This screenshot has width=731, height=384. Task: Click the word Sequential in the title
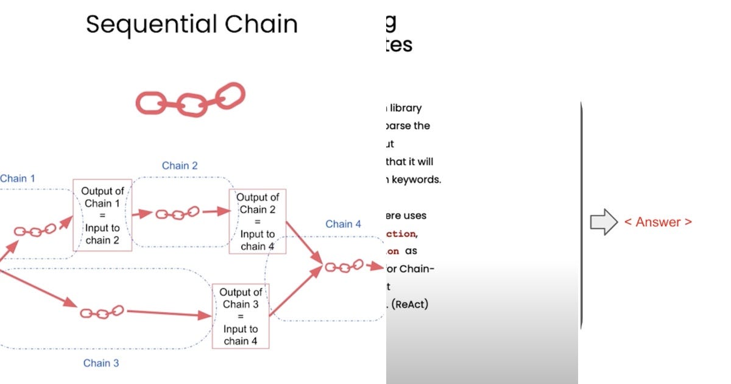point(152,24)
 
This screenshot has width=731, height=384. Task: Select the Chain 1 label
point(18,179)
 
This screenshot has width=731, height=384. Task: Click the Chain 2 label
point(180,166)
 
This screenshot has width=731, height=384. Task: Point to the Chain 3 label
point(101,363)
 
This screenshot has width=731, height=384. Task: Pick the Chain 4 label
point(343,224)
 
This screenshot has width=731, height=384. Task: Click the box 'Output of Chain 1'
point(102,215)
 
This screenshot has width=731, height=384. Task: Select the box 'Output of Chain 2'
point(258,221)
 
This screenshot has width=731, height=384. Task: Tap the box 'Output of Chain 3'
point(241,316)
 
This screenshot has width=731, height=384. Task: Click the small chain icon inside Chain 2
point(177,213)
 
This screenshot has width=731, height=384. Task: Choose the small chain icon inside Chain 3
point(102,312)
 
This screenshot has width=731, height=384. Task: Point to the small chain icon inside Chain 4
point(344,266)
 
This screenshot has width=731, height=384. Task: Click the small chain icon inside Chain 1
point(35,230)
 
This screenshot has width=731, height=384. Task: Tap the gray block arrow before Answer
point(604,222)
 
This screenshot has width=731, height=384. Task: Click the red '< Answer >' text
point(658,222)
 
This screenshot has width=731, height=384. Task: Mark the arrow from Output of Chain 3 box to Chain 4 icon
point(295,292)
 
